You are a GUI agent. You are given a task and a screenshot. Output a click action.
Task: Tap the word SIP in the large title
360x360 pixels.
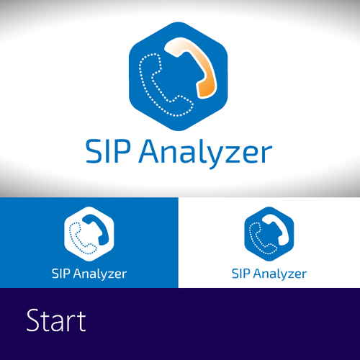pos(108,151)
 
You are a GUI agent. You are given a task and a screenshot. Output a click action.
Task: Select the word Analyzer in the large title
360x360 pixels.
pos(205,153)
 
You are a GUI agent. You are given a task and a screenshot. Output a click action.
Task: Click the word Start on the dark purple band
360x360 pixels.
pos(56,320)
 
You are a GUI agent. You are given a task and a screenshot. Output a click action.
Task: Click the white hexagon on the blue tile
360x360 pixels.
pos(89,234)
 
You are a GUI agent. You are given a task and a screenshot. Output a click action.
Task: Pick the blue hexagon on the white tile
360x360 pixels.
pos(269,234)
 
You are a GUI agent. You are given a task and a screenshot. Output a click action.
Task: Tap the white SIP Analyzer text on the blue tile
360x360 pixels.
pos(89,274)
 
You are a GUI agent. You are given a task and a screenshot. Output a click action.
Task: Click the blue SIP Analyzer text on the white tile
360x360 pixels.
pos(269,274)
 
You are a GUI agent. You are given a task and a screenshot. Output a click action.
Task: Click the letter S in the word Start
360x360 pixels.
pos(33,320)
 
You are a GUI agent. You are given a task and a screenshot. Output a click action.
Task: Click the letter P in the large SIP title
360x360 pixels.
pos(122,151)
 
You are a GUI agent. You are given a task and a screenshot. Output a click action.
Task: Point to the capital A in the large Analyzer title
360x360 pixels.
pos(150,151)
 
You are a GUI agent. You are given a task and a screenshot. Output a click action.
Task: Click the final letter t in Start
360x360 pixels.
pos(81,322)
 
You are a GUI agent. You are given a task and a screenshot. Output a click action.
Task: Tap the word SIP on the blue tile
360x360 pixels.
pos(61,274)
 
